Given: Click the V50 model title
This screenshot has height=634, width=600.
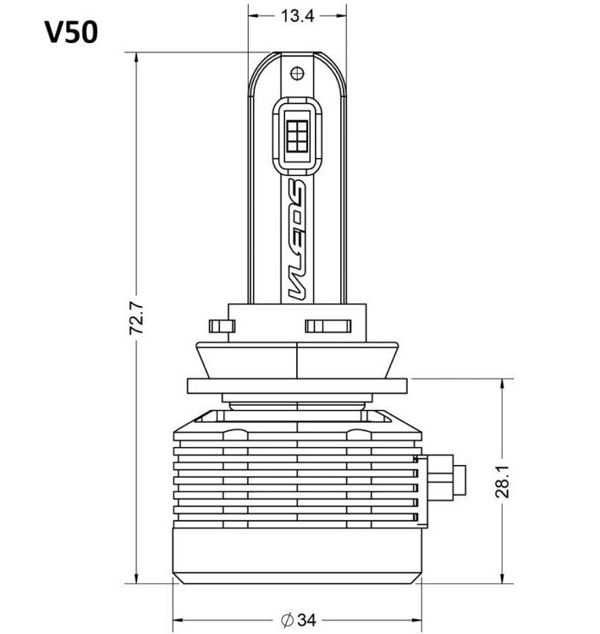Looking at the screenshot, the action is tap(71, 32).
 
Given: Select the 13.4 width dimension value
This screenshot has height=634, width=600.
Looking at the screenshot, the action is tap(297, 16).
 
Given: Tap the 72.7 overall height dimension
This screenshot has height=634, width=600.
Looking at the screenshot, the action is tap(136, 318).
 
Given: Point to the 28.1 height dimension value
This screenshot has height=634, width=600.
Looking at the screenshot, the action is tap(503, 481).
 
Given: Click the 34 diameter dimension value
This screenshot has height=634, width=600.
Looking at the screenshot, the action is tap(307, 620).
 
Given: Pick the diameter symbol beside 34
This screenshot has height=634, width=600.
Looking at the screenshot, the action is tap(287, 620).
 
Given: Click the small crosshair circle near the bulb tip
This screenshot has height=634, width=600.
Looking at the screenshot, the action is tap(297, 74).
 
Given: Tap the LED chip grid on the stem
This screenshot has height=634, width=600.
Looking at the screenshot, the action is tap(297, 136).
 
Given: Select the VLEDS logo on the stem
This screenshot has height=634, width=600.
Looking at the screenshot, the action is tap(297, 239).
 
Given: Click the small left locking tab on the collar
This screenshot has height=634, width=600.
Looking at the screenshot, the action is tap(222, 326).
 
